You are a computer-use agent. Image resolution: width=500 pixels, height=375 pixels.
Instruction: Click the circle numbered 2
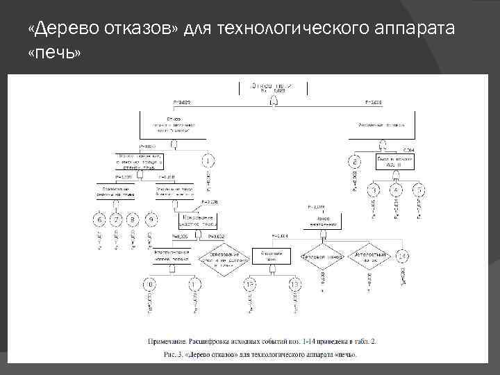[x=354, y=162]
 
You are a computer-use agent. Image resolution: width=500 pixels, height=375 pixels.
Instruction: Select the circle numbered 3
[x=375, y=190]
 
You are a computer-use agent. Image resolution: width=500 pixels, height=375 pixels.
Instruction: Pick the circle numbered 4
[x=396, y=190]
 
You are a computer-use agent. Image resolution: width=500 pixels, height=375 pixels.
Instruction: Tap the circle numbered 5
[x=418, y=190]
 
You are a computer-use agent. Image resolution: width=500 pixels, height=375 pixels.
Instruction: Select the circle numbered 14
[x=403, y=257]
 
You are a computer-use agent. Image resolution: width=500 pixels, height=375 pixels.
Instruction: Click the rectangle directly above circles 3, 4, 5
[x=395, y=160]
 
